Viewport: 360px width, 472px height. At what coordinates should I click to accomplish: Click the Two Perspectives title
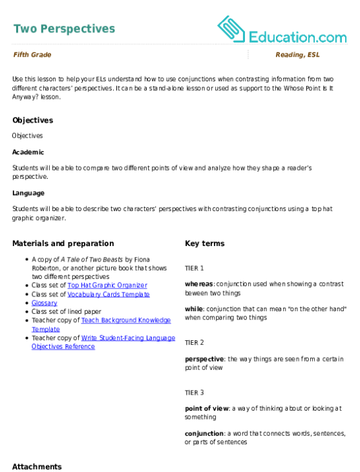[64, 29]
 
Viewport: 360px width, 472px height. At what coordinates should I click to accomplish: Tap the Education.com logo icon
[231, 29]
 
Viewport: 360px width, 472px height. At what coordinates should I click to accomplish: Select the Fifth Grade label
[32, 55]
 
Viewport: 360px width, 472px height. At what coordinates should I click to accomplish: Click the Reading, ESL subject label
[297, 55]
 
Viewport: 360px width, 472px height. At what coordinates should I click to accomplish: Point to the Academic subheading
[28, 152]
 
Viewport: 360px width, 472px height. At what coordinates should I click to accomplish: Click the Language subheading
[28, 193]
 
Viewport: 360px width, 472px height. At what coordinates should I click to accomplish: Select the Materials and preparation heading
[63, 243]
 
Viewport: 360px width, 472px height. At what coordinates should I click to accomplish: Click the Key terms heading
[205, 243]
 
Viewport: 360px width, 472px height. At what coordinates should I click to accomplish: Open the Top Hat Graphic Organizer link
[107, 285]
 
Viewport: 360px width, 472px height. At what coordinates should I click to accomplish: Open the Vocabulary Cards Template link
[109, 294]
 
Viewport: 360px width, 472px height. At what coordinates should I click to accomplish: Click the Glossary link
[45, 303]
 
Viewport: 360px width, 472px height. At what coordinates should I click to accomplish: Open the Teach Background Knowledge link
[101, 325]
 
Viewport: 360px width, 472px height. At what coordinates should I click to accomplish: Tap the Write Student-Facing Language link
[103, 342]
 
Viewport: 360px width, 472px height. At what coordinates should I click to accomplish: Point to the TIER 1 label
[195, 268]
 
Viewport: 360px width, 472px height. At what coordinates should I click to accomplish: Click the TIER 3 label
[195, 393]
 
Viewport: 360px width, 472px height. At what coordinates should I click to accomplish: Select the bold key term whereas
[199, 284]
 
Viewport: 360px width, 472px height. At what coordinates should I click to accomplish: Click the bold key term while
[194, 309]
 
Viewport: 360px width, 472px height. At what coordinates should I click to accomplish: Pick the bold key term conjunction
[204, 434]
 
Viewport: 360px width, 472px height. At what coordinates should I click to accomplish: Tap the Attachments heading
[37, 467]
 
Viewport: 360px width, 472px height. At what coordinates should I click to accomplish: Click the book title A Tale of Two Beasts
[92, 260]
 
